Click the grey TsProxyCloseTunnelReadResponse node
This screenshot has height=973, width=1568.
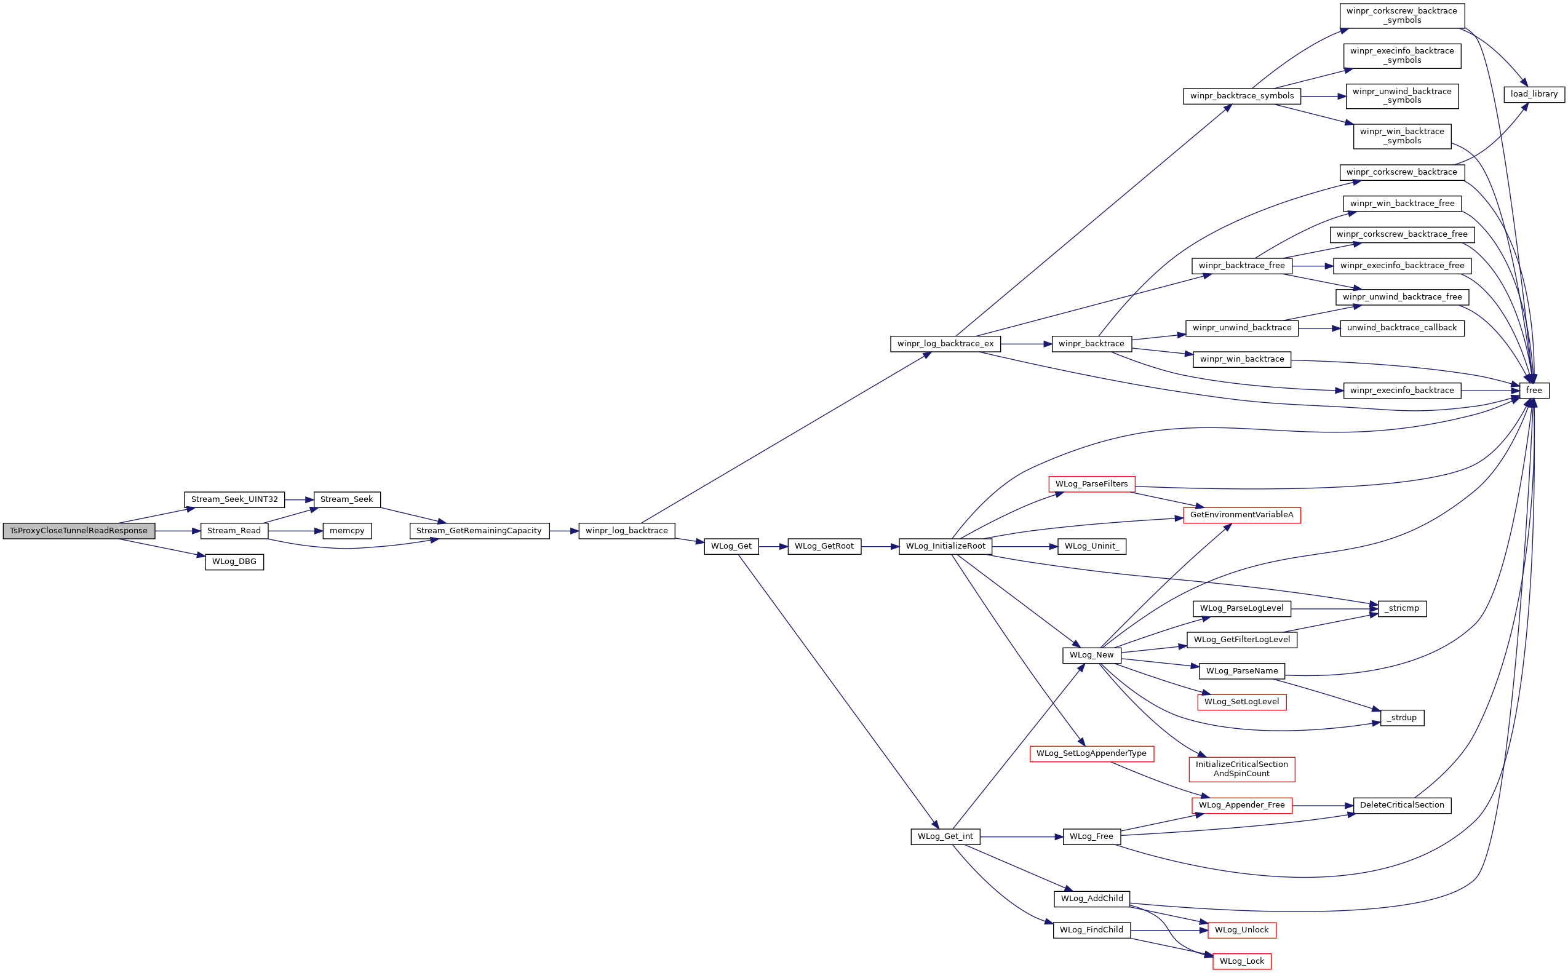pyautogui.click(x=79, y=531)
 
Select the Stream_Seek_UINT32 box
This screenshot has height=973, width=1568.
pyautogui.click(x=234, y=499)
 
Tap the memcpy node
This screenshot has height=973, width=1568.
pyautogui.click(x=347, y=531)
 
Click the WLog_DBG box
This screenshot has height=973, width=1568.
pyautogui.click(x=234, y=562)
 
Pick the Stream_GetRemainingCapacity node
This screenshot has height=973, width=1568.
pyautogui.click(x=479, y=531)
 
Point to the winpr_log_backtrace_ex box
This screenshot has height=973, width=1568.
pyautogui.click(x=945, y=344)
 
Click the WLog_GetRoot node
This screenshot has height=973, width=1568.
pyautogui.click(x=824, y=546)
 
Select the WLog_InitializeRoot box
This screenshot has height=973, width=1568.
pyautogui.click(x=945, y=546)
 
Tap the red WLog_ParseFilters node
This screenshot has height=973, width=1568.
pyautogui.click(x=1091, y=484)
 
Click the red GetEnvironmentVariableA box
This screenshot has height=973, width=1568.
pyautogui.click(x=1242, y=515)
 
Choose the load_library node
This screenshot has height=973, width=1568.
pyautogui.click(x=1534, y=94)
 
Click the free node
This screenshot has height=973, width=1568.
pyautogui.click(x=1534, y=391)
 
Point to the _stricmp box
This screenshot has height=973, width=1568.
pyautogui.click(x=1402, y=608)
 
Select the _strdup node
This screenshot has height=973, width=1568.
pyautogui.click(x=1402, y=718)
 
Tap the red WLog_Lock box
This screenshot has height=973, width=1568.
pyautogui.click(x=1242, y=961)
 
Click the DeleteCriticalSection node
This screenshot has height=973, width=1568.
pyautogui.click(x=1402, y=805)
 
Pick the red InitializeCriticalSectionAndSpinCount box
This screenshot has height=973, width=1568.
pyautogui.click(x=1242, y=769)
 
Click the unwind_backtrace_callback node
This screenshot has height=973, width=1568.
pyautogui.click(x=1402, y=328)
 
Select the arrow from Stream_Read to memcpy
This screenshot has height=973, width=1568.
pyautogui.click(x=295, y=531)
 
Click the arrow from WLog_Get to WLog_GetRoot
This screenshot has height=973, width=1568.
pyautogui.click(x=773, y=546)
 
